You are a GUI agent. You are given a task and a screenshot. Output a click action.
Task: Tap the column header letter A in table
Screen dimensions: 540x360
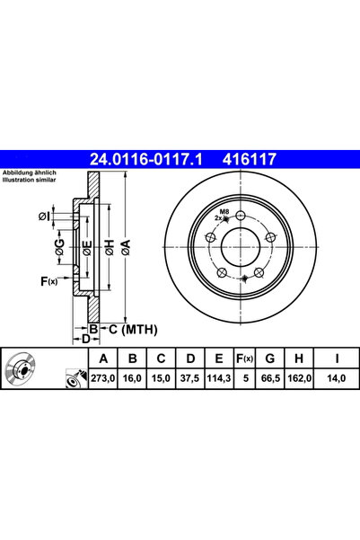(x=103, y=359)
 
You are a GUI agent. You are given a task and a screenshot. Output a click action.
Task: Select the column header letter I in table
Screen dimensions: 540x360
(x=337, y=359)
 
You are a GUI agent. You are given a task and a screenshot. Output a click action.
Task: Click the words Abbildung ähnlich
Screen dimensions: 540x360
(x=30, y=173)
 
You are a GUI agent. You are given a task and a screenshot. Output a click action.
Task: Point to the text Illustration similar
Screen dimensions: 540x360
(x=30, y=180)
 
